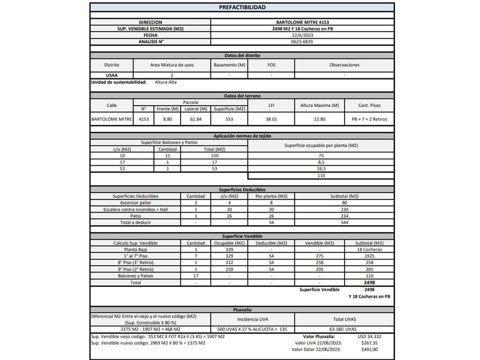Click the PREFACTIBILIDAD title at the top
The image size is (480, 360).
[x=242, y=7]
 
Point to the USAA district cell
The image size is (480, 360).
[x=111, y=75]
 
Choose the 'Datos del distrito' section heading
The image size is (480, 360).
[x=242, y=55]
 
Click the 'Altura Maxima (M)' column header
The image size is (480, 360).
[x=319, y=106]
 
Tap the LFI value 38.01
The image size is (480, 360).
[x=271, y=119]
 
